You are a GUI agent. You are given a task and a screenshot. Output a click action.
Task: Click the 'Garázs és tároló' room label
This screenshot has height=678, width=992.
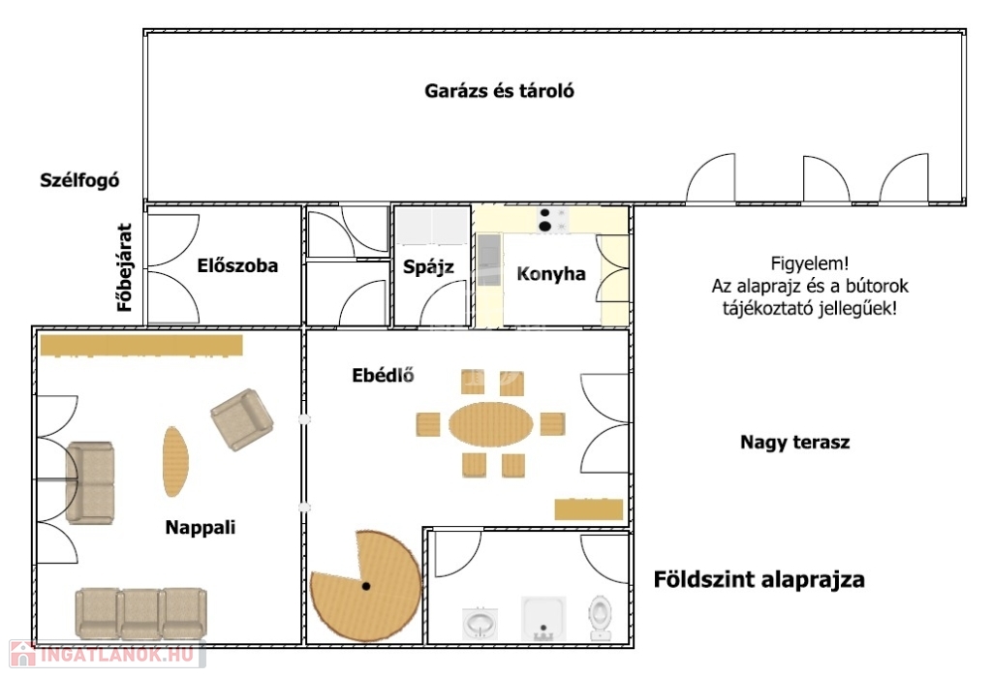[499, 91]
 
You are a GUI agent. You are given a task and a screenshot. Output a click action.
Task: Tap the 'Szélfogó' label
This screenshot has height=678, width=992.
[79, 180]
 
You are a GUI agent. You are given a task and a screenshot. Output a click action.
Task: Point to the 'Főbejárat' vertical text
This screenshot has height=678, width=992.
[125, 267]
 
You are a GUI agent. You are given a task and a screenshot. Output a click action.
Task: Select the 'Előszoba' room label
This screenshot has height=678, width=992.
[237, 265]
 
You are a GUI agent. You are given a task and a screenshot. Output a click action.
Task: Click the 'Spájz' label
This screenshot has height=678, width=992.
[428, 267]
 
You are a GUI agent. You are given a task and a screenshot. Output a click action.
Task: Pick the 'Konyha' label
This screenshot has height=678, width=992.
[551, 274]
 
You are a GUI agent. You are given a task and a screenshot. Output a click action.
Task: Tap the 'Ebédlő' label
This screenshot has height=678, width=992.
[383, 375]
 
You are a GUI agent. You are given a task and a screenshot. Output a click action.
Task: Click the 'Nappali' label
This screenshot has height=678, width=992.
[200, 527]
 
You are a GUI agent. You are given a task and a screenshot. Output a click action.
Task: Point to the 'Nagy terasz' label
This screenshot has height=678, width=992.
[794, 442]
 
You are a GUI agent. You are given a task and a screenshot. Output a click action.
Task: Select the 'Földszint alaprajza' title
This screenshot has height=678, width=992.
[759, 579]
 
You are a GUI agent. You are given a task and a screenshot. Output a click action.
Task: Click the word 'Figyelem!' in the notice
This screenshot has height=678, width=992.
[810, 263]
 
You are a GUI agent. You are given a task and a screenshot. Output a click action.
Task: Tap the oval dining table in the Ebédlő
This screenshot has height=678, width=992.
[491, 424]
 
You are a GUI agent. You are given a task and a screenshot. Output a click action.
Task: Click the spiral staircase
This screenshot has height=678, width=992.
[365, 586]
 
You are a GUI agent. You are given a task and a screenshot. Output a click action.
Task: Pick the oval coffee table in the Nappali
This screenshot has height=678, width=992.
[175, 462]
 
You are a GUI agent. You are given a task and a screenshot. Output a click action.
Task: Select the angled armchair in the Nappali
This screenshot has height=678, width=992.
[241, 419]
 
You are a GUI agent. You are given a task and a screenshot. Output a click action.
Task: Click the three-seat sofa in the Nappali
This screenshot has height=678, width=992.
[140, 613]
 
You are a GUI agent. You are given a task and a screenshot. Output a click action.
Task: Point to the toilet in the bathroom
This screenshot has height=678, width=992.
[600, 617]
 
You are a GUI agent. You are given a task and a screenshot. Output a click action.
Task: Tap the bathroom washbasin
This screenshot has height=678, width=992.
[480, 623]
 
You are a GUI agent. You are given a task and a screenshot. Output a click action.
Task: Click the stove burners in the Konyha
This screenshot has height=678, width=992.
[551, 220]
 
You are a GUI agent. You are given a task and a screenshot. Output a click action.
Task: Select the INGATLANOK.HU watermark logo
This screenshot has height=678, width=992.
[108, 654]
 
